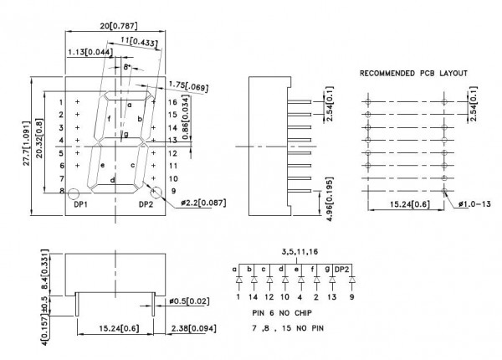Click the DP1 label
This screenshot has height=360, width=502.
(80, 204)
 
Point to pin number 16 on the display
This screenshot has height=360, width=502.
(172, 101)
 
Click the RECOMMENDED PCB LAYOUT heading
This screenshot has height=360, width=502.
(413, 74)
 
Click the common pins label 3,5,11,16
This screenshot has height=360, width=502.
(300, 250)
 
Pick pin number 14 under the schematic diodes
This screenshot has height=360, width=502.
(252, 296)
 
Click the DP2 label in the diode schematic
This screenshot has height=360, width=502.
(345, 269)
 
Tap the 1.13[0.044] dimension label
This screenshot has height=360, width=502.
(90, 52)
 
